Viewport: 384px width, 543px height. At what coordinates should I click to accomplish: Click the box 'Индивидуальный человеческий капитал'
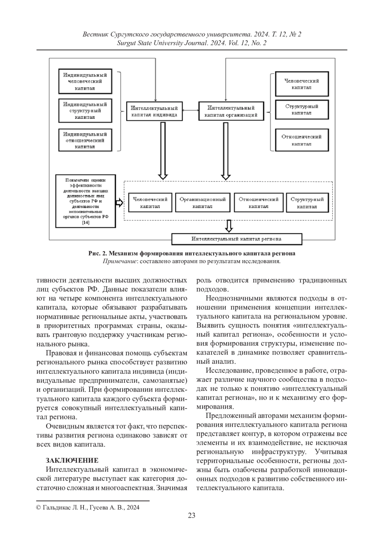(x=85, y=81)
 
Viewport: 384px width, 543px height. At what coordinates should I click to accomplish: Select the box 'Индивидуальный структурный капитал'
(x=85, y=110)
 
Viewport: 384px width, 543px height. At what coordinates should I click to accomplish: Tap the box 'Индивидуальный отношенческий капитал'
(x=85, y=140)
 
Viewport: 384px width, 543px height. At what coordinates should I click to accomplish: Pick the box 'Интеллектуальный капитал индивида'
(x=154, y=111)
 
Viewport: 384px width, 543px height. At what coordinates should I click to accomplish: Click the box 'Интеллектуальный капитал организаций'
(x=231, y=111)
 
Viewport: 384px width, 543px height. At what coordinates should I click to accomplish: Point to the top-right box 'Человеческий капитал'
(x=302, y=84)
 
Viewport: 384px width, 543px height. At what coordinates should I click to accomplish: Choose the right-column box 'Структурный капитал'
(x=302, y=110)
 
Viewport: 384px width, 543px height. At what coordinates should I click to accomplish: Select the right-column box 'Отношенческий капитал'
(x=302, y=140)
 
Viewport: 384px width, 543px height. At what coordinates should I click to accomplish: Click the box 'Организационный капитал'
(x=203, y=203)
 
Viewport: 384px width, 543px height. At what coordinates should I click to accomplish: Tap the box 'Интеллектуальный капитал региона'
(x=237, y=239)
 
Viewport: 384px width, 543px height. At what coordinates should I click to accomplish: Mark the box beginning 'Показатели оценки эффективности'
(x=85, y=201)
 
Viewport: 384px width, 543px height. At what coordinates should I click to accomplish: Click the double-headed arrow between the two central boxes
(x=190, y=111)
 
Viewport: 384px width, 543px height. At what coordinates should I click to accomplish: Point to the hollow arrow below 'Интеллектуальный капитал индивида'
(x=163, y=150)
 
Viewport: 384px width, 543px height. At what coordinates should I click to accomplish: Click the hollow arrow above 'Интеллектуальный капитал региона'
(x=228, y=226)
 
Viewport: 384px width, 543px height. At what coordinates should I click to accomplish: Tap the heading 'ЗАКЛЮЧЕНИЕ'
(x=72, y=460)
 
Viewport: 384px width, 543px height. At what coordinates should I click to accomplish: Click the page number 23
(x=192, y=515)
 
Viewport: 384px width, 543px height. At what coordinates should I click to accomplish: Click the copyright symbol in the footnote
(x=39, y=507)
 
